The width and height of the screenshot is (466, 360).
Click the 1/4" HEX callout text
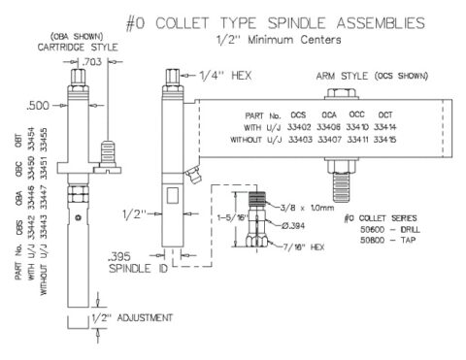[x=216, y=75]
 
